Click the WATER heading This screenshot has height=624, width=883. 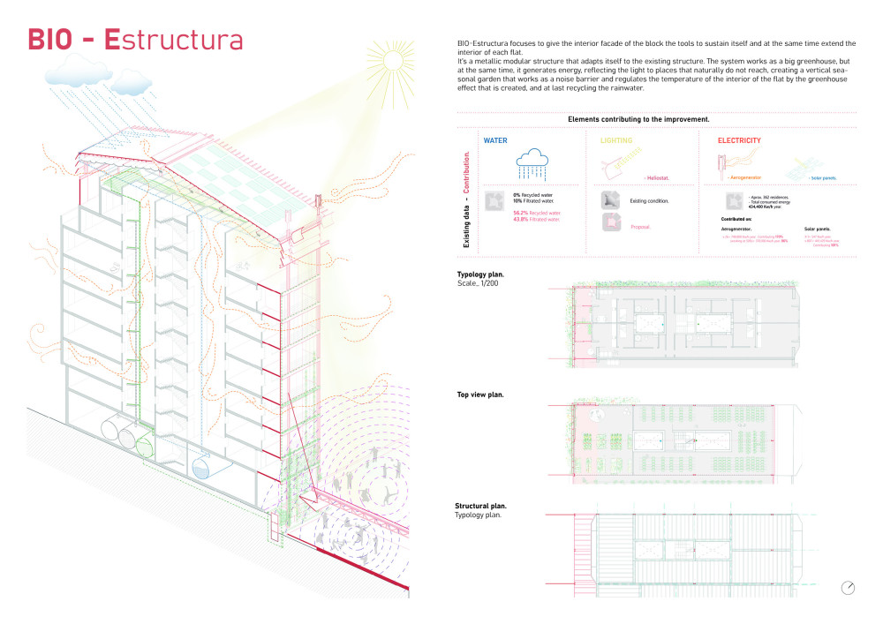(495, 140)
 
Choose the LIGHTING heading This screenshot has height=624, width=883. (616, 140)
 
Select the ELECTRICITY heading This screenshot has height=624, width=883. (739, 140)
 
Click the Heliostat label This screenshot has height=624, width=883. (657, 178)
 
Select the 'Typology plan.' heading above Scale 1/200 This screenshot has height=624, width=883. (480, 274)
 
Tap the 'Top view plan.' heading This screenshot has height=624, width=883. (480, 395)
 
